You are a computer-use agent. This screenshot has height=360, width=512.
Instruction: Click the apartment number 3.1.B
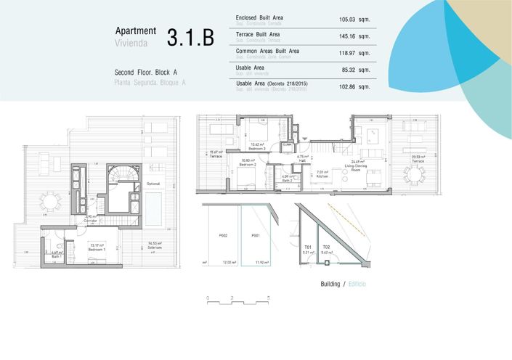pyautogui.click(x=190, y=38)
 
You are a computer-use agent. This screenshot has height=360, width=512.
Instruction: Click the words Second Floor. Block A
pyautogui.click(x=146, y=73)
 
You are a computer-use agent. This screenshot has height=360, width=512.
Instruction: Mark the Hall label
pyautogui.click(x=304, y=160)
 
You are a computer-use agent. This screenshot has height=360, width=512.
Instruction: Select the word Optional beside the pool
pyautogui.click(x=153, y=184)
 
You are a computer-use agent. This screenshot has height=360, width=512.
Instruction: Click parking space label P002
pyautogui.click(x=223, y=236)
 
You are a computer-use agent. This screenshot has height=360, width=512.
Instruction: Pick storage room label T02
pyautogui.click(x=327, y=247)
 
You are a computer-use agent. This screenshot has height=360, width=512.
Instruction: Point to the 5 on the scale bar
pyautogui.click(x=268, y=298)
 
